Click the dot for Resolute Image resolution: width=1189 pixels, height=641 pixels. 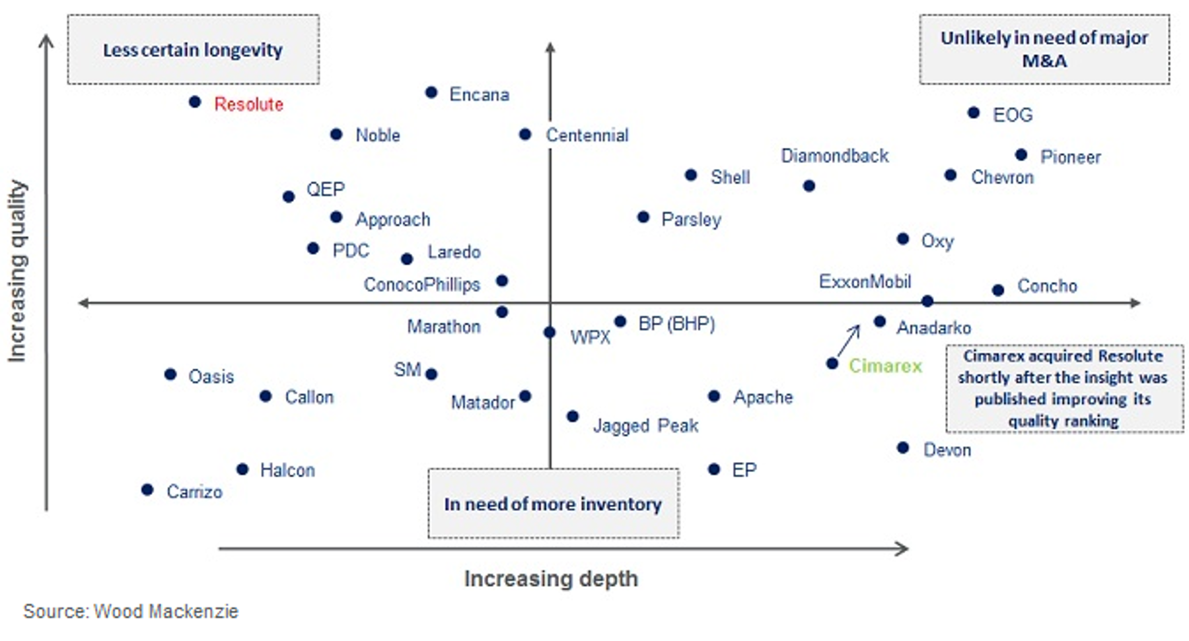click(194, 102)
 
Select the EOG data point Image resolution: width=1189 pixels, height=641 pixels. click(973, 113)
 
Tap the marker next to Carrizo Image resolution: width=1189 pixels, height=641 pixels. click(147, 490)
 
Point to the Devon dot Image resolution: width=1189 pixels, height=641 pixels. click(903, 448)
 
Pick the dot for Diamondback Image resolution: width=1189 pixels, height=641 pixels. click(809, 186)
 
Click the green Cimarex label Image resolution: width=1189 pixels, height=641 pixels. click(884, 366)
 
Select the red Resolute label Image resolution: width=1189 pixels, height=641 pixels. click(248, 104)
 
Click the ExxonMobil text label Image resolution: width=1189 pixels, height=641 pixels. click(865, 282)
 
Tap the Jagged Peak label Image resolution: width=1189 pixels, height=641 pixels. click(645, 426)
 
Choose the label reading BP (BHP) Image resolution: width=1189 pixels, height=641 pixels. click(676, 324)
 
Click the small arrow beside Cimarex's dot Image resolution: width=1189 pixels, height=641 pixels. click(849, 340)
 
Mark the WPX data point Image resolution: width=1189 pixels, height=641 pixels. click(550, 332)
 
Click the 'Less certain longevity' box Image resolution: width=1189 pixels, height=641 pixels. click(193, 50)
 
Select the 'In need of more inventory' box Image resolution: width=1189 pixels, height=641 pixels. click(553, 504)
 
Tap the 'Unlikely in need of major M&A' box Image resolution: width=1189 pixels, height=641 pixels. click(1044, 50)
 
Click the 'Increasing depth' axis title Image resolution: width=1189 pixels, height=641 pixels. click(551, 579)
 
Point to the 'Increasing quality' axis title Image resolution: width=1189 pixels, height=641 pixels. click(18, 271)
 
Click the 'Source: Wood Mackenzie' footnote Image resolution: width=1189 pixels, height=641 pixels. click(131, 611)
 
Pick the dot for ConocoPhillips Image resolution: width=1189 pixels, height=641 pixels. click(502, 281)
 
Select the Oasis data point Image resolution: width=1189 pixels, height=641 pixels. click(170, 374)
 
